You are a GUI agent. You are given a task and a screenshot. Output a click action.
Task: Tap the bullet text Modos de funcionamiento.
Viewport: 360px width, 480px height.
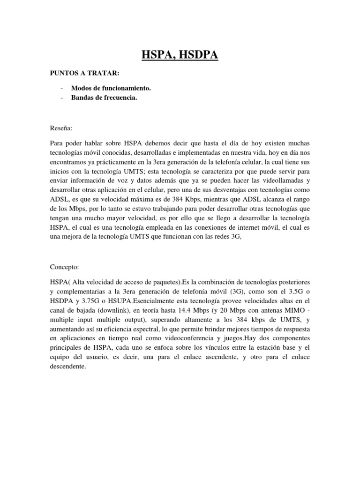[111, 88]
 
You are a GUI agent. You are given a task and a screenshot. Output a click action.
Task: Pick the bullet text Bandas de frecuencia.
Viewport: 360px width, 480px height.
[104, 97]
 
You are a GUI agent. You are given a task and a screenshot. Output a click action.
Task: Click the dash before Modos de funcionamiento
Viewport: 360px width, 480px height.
[62, 88]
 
